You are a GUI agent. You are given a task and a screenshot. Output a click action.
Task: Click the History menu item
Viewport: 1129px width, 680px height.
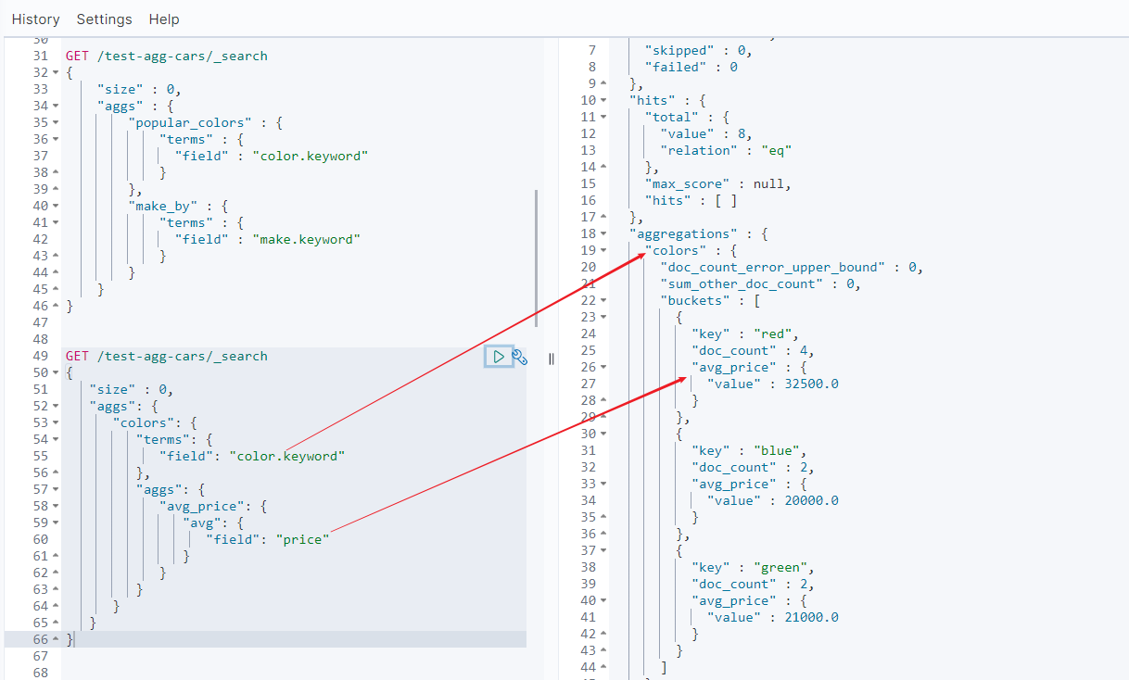[x=35, y=19]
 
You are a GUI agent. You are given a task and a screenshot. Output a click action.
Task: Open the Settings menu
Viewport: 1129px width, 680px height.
[x=104, y=19]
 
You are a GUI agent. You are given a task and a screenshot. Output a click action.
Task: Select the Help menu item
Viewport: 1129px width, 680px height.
[x=164, y=19]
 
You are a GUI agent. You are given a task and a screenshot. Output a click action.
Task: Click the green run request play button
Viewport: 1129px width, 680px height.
[x=499, y=357]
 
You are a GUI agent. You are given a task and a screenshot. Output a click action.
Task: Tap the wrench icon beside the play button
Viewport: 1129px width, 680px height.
[x=520, y=357]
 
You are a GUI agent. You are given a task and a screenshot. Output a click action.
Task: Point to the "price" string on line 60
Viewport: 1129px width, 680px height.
[x=302, y=539]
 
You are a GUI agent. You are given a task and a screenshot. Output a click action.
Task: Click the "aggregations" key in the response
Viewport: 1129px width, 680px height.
[x=683, y=233]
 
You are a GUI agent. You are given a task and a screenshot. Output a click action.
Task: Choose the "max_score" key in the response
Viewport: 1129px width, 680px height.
[x=687, y=183]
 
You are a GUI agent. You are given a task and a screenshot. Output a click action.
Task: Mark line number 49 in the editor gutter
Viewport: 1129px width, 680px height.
[x=40, y=357]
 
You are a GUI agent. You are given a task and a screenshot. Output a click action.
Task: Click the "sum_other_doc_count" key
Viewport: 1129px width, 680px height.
[x=742, y=283]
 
